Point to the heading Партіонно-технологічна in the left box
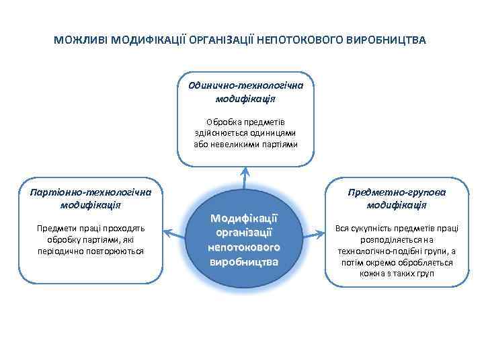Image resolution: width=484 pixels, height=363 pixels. [x=90, y=192]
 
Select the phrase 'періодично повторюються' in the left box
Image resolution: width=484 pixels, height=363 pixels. [x=91, y=251]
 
